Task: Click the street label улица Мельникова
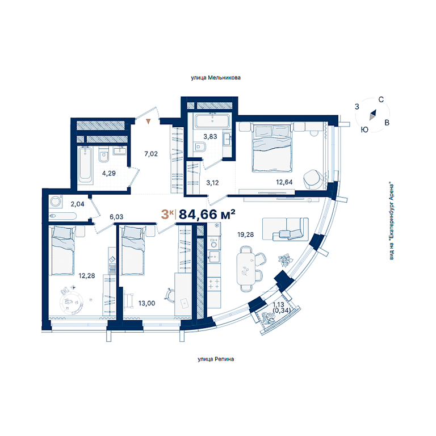coord(216,78)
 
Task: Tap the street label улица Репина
coord(216,359)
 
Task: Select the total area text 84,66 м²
coord(207,215)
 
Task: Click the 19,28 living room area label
coord(245,234)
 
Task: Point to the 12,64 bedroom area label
coord(284,182)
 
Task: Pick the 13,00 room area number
coord(147,303)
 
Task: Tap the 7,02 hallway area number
coord(151,154)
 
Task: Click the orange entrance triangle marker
coord(149,121)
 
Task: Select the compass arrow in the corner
coord(372,115)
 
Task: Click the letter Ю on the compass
coord(364,129)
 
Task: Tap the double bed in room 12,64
coord(272,148)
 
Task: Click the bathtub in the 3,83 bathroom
coord(212,121)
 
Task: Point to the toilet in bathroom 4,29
coord(104,154)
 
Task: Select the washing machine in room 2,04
coord(56,202)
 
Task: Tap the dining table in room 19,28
coord(246,269)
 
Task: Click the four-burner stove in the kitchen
coord(214,284)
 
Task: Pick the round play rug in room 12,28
coord(72,303)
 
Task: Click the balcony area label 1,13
coord(278,305)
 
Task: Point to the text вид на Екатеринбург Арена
coord(392,221)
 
